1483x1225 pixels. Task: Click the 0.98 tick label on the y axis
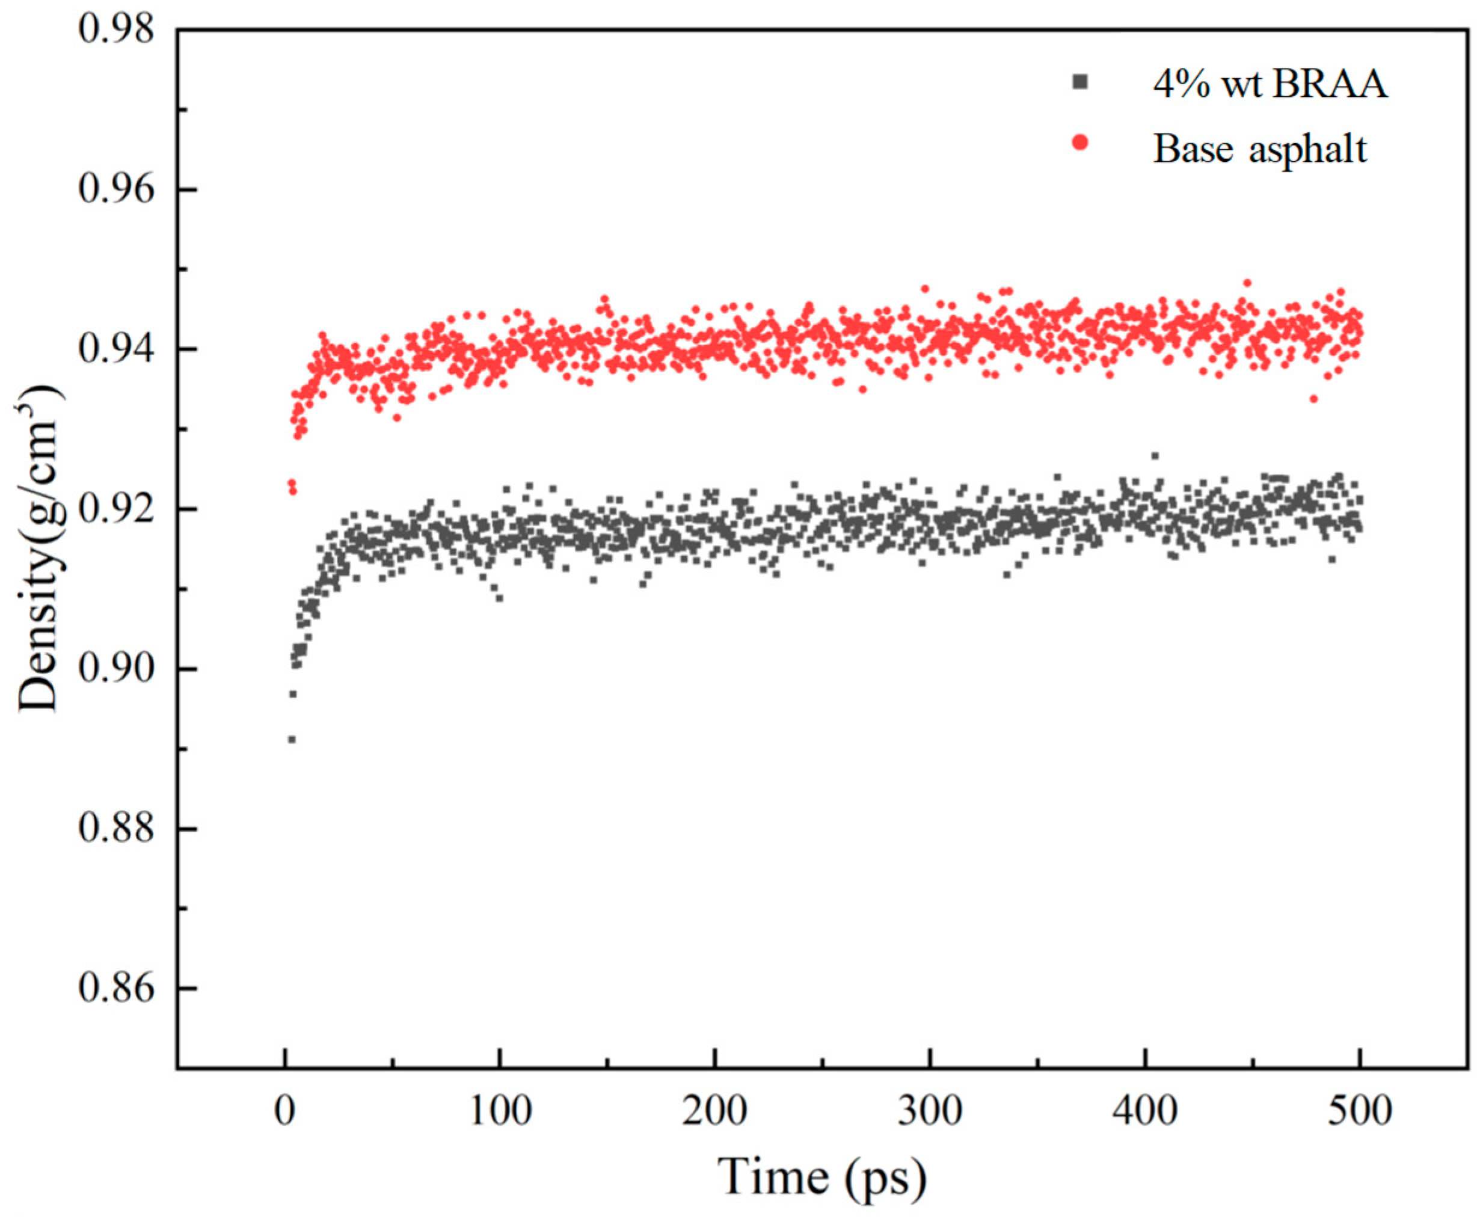115,31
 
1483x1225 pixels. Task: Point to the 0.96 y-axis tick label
115,191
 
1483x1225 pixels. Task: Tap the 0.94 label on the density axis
115,350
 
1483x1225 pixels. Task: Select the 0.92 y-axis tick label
115,509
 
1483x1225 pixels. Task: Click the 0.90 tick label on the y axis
115,669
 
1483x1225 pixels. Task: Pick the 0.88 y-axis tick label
115,829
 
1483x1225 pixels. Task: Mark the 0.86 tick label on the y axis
115,989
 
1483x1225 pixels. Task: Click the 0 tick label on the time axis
284,1111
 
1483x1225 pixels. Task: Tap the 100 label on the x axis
500,1111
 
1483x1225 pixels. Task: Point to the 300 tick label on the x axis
930,1111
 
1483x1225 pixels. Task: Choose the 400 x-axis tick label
1145,1111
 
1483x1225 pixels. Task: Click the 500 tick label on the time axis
1360,1111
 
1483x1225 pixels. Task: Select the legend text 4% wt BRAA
1270,85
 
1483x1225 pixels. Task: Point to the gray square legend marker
1080,82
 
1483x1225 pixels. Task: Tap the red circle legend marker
1080,143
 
